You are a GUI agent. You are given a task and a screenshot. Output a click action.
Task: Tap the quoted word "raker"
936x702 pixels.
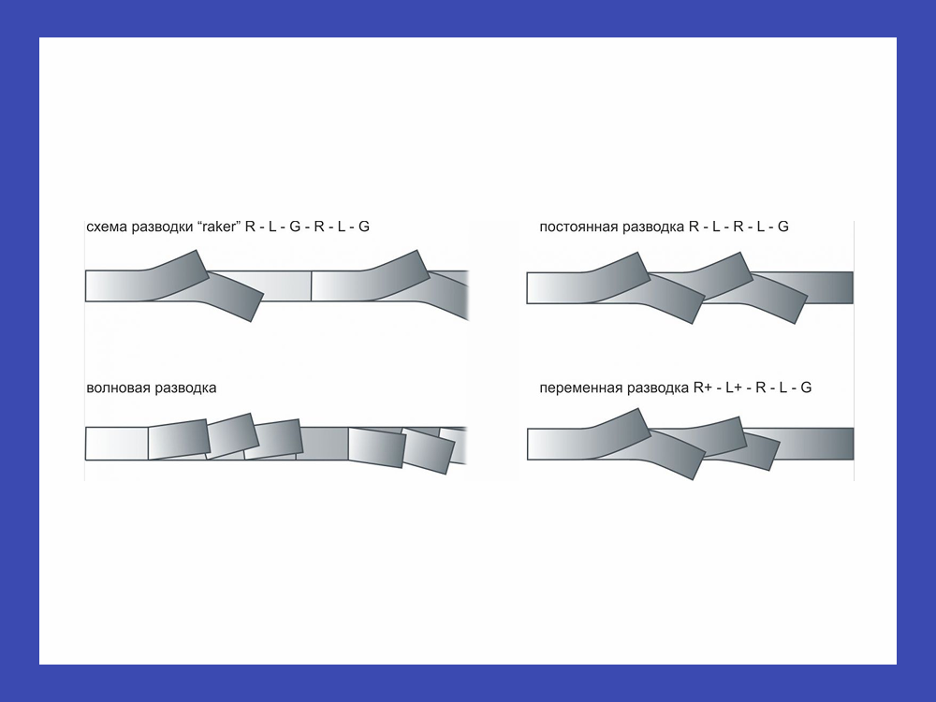click(x=218, y=227)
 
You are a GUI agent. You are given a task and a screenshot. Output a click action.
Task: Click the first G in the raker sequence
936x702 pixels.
click(x=294, y=227)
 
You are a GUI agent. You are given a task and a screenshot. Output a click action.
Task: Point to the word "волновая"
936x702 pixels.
click(x=118, y=388)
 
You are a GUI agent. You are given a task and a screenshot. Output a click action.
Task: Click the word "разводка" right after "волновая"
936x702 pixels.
click(x=185, y=388)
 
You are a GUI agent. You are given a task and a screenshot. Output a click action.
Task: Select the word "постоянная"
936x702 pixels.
click(x=578, y=227)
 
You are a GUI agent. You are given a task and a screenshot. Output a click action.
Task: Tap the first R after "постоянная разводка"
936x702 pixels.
click(x=694, y=227)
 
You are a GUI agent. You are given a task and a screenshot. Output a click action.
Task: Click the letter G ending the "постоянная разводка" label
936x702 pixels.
click(x=783, y=227)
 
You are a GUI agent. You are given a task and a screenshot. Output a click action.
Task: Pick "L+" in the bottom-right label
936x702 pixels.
click(x=734, y=388)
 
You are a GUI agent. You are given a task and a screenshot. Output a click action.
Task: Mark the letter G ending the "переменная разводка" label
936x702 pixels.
click(x=806, y=388)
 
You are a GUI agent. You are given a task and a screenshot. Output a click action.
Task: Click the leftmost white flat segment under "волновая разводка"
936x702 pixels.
click(x=116, y=444)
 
